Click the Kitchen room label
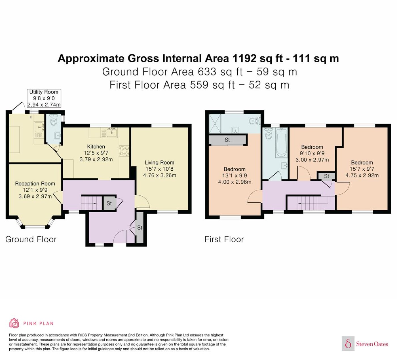tap(96, 147)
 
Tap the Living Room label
tap(160, 163)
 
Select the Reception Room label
tap(35, 184)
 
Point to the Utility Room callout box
tap(44, 98)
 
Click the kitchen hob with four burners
tap(124, 151)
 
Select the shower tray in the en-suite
tap(215, 124)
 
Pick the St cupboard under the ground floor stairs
tap(109, 203)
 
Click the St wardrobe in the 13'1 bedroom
tap(227, 140)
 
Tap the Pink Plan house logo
tap(14, 323)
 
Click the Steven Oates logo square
tap(348, 343)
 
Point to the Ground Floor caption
tap(31, 240)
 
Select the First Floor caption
tap(224, 240)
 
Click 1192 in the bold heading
tap(244, 58)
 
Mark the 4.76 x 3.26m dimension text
tap(160, 175)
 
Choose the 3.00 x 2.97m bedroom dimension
tap(312, 160)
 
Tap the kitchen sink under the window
tap(112, 132)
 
